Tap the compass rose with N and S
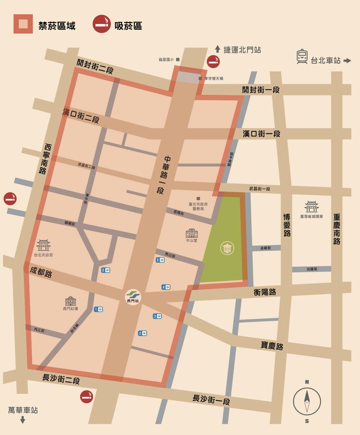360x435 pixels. coord(307,402)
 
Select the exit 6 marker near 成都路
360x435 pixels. coord(106,270)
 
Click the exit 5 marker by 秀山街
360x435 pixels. coord(160,260)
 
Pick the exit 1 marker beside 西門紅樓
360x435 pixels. coord(98,309)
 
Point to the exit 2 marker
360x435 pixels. coord(142,333)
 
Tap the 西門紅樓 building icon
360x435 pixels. coord(71,301)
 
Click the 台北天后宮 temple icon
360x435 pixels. coord(43,245)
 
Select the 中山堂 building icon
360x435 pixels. coord(192,233)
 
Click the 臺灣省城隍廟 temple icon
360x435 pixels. coord(311,206)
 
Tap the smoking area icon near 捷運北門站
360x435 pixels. coord(213,61)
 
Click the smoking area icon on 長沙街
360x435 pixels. coord(86,397)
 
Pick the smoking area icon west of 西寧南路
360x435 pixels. coord(10,199)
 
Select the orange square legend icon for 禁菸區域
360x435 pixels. coord(23,24)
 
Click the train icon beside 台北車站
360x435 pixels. coord(302,57)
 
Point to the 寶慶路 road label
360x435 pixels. coord(272,346)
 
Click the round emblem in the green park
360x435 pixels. coord(227,248)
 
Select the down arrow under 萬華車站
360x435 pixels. coord(23,420)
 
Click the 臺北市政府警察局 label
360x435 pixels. coord(198,206)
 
